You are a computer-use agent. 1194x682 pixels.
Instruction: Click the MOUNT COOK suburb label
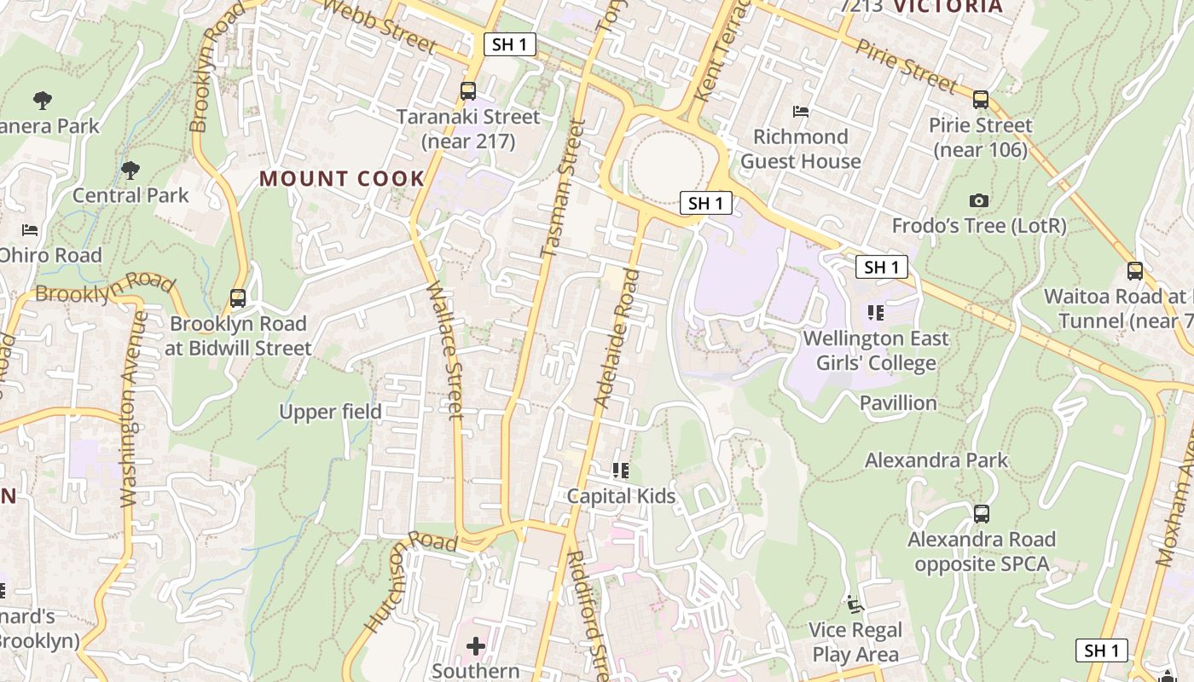342,179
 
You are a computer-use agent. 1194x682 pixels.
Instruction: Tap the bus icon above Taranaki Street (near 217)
467,91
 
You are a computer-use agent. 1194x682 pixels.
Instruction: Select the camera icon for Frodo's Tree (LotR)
979,201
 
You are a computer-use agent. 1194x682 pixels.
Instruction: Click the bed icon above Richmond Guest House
800,111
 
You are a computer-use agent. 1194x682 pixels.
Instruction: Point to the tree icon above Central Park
130,170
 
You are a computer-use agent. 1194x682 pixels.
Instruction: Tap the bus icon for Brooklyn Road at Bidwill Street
238,299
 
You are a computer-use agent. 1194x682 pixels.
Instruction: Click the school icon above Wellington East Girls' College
875,313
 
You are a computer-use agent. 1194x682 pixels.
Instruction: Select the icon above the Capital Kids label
621,471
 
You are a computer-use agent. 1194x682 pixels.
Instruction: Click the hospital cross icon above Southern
476,647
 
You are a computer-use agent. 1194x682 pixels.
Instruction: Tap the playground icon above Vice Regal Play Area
855,604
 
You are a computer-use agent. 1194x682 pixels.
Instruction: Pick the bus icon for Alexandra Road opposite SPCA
982,514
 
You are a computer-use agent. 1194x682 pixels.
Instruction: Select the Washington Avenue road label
130,409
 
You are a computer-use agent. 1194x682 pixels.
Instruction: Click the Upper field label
330,412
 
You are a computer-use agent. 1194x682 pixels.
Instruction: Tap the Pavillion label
898,403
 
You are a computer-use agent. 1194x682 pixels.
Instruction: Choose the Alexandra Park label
936,460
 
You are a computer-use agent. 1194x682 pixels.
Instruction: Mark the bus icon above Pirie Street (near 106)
981,100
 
